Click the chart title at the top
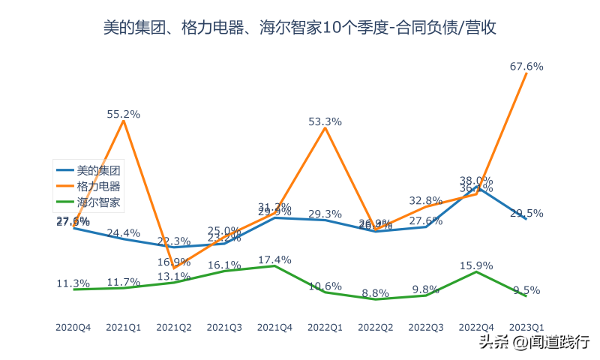[x=300, y=28]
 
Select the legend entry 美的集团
[x=97, y=170]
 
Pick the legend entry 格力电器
[x=97, y=186]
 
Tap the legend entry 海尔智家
[x=97, y=202]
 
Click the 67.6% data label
[x=526, y=66]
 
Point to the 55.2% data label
[x=124, y=114]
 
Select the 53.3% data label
[x=325, y=121]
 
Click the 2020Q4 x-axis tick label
[x=73, y=327]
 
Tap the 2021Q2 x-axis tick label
[x=174, y=327]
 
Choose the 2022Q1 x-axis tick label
[x=325, y=327]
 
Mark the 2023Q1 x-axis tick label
[x=526, y=327]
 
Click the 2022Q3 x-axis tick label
[x=426, y=327]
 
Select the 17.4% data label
[x=275, y=259]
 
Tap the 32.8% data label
[x=426, y=200]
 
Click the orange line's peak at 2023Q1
[x=526, y=73]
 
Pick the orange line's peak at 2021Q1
[x=124, y=121]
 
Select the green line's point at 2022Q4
[x=476, y=271]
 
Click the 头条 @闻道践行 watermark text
[x=533, y=342]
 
